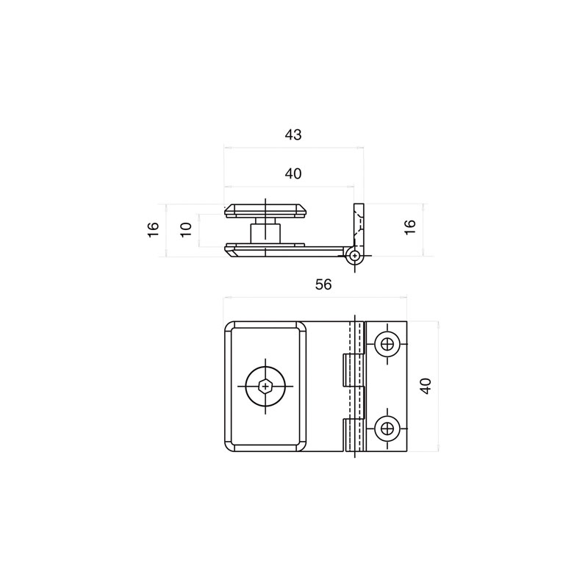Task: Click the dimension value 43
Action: point(293,135)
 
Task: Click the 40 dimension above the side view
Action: point(293,173)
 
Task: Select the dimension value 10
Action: point(186,230)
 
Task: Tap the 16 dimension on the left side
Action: point(154,229)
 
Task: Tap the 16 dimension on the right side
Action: point(410,227)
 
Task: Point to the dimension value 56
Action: point(323,284)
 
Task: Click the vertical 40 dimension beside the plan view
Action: point(426,386)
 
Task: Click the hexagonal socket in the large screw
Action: point(265,386)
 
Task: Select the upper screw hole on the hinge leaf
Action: point(387,343)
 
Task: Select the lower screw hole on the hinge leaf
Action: point(387,428)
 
